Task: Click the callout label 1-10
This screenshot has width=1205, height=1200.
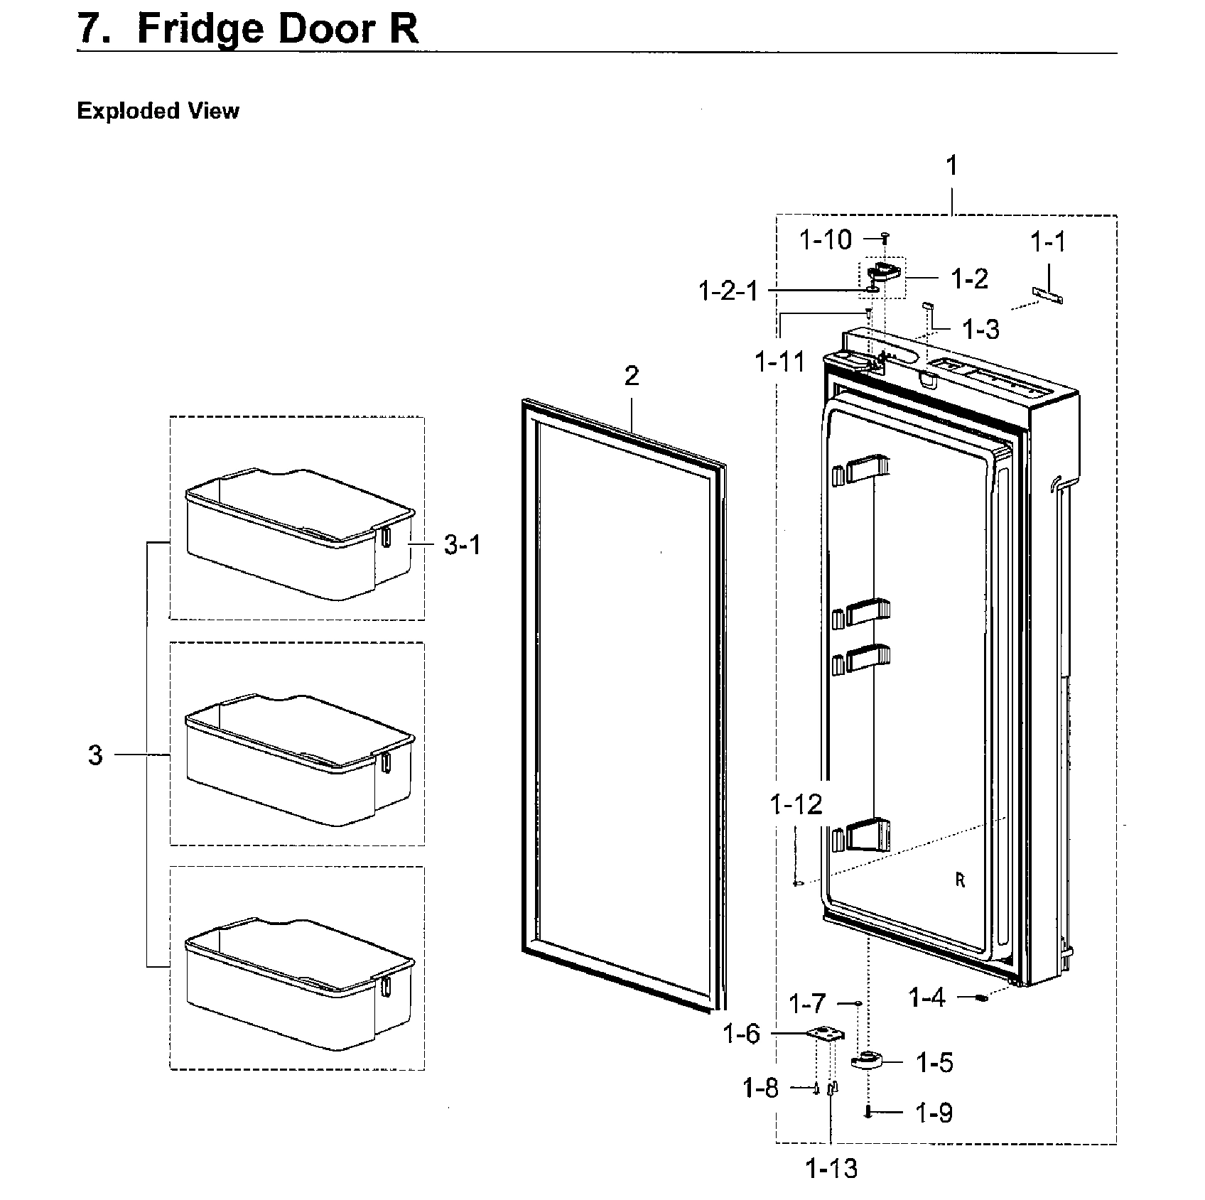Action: click(825, 240)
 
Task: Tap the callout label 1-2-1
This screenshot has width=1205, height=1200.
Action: click(729, 291)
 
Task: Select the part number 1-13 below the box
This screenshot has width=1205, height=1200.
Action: click(831, 1167)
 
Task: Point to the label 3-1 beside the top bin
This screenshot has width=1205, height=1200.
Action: click(462, 545)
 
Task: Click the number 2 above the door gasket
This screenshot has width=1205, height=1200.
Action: click(632, 376)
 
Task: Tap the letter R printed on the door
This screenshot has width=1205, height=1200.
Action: click(960, 880)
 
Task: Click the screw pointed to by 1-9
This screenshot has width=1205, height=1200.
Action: click(868, 1113)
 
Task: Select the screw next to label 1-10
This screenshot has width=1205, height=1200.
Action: click(885, 237)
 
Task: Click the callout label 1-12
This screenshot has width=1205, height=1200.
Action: click(796, 804)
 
